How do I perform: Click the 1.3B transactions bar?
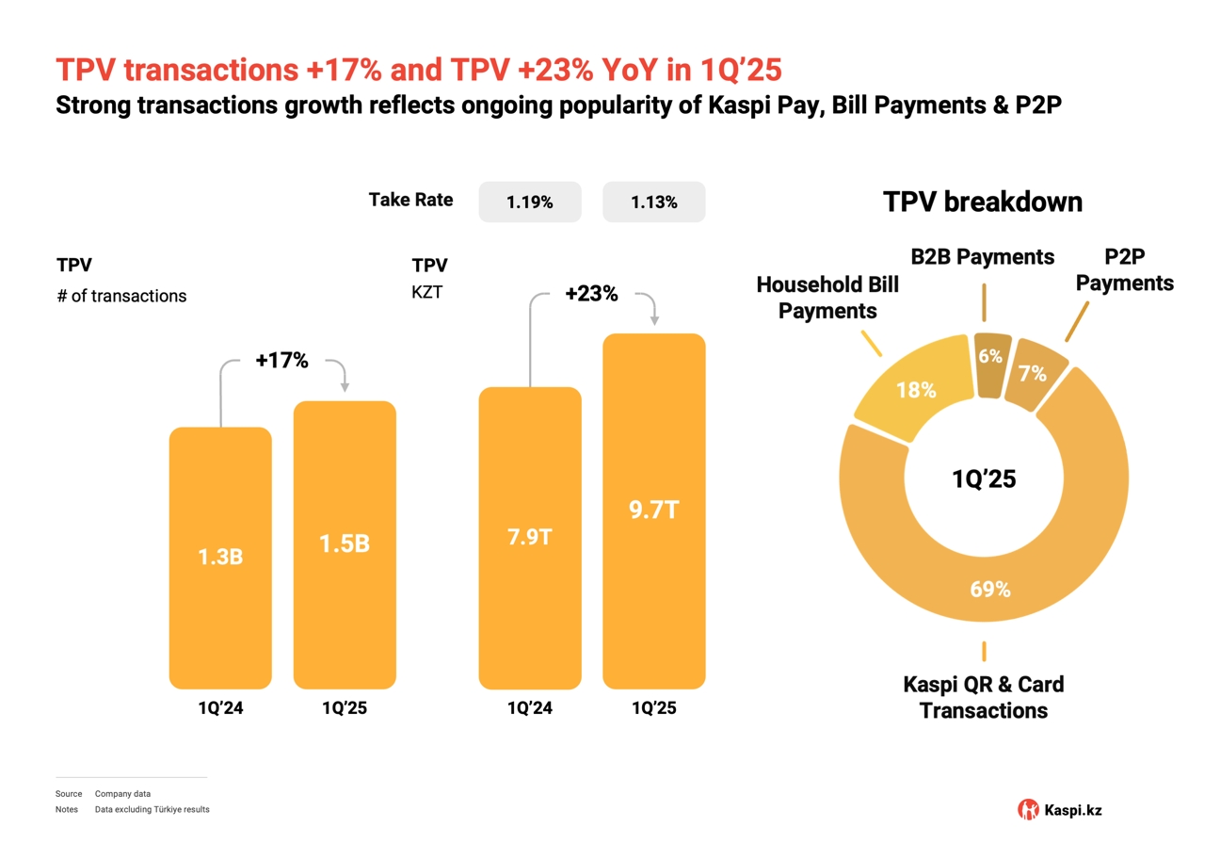click(220, 558)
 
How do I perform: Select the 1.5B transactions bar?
click(345, 544)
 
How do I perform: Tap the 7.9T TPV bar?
click(530, 538)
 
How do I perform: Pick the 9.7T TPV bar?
click(653, 511)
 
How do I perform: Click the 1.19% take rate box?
click(530, 202)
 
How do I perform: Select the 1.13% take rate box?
click(653, 202)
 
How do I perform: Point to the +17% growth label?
click(281, 360)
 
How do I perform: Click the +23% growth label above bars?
click(591, 294)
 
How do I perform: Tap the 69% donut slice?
click(990, 589)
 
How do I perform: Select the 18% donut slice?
click(915, 389)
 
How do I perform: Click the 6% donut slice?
click(989, 357)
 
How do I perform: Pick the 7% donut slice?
click(1033, 374)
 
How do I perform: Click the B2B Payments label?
click(983, 256)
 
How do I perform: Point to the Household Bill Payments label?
click(827, 298)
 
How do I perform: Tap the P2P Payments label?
click(1125, 270)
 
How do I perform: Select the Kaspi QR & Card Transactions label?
click(983, 697)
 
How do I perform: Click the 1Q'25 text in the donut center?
click(984, 479)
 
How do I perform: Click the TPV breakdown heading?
click(982, 202)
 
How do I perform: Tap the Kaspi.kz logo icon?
click(1029, 809)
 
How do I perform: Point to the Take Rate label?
click(410, 200)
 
